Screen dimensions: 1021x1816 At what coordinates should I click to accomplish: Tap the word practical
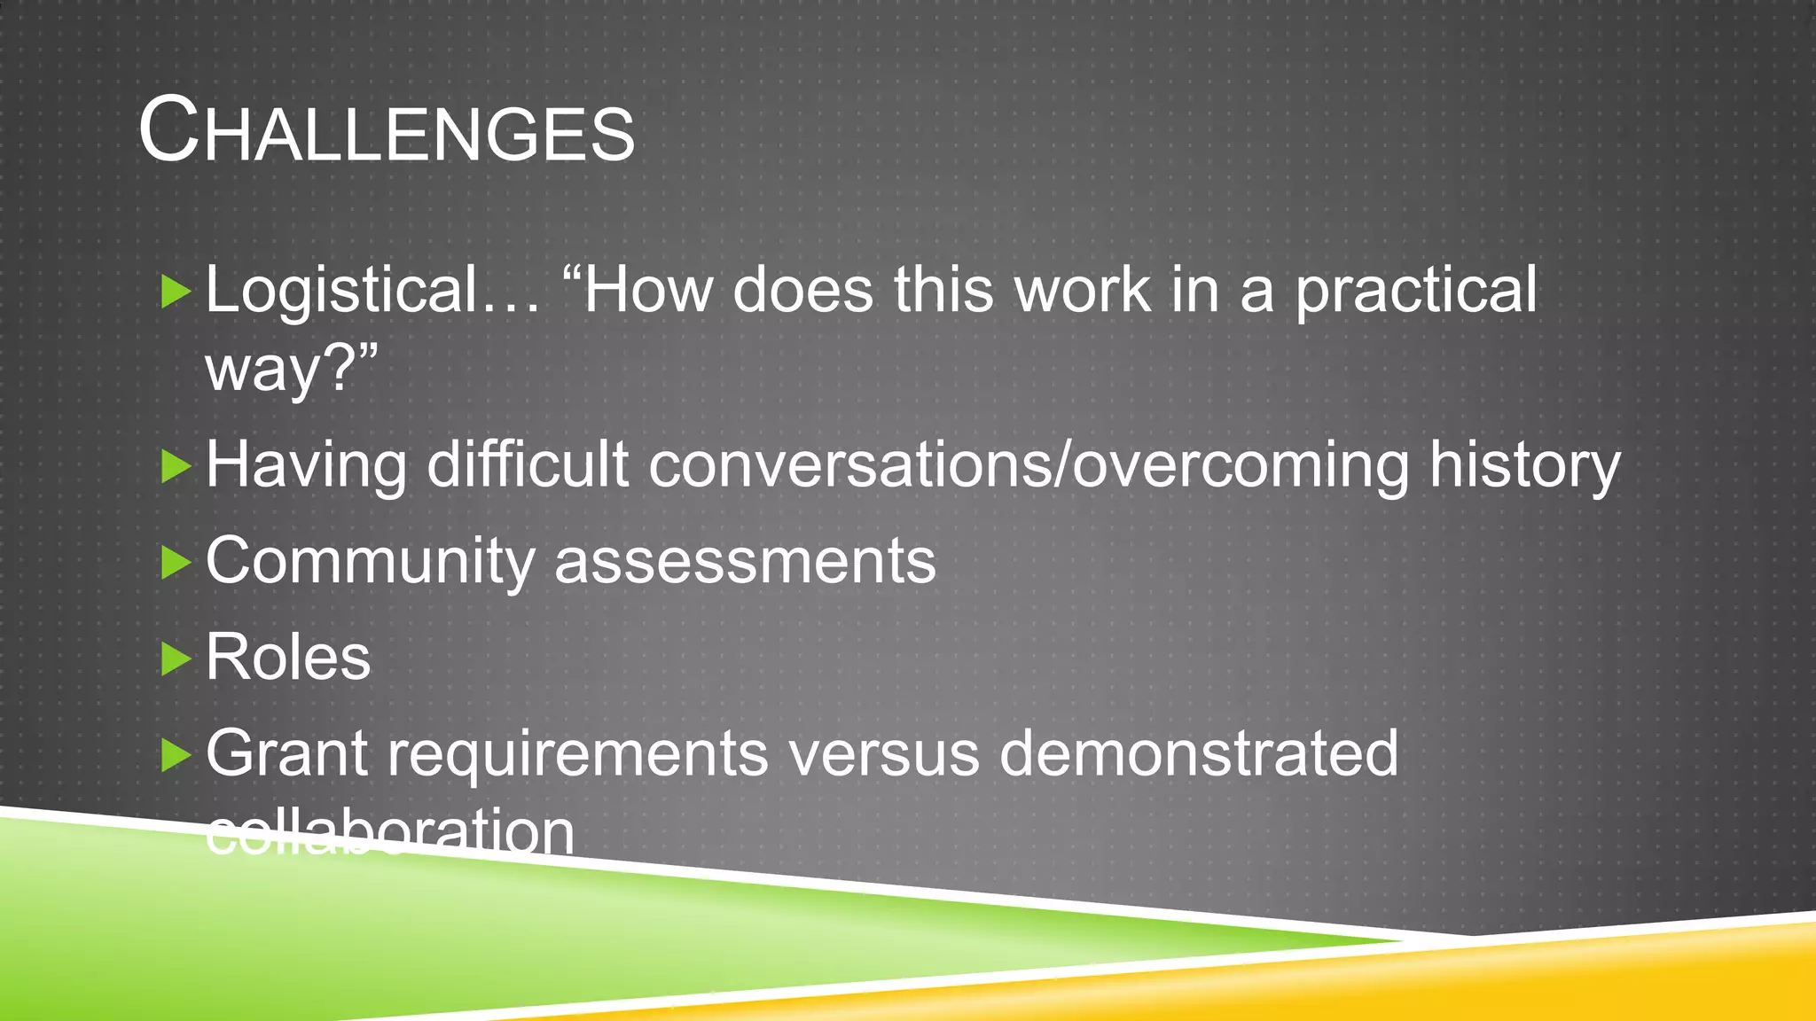[1416, 291]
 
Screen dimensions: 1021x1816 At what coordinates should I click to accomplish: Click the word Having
[306, 465]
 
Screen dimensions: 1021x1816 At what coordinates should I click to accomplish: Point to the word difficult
[528, 465]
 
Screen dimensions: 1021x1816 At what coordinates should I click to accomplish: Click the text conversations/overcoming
[1029, 465]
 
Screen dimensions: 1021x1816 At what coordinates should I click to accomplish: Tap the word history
[1524, 465]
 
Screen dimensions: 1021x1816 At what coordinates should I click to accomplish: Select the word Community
[370, 562]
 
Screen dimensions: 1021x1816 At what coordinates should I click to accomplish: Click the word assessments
[745, 562]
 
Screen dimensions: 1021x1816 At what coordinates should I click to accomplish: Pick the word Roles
[288, 658]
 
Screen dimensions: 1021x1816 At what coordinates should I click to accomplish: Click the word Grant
[286, 754]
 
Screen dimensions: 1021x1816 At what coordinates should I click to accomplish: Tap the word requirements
[577, 754]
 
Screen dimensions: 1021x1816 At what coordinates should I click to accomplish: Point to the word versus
[883, 754]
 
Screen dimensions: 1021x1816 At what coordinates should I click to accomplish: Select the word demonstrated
[1198, 754]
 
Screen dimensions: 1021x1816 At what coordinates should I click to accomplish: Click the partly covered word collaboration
[390, 833]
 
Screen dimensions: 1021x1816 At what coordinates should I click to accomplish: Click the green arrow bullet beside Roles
[176, 659]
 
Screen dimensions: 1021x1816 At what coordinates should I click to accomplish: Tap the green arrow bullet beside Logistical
[176, 292]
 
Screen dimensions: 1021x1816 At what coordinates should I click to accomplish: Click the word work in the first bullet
[1082, 291]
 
